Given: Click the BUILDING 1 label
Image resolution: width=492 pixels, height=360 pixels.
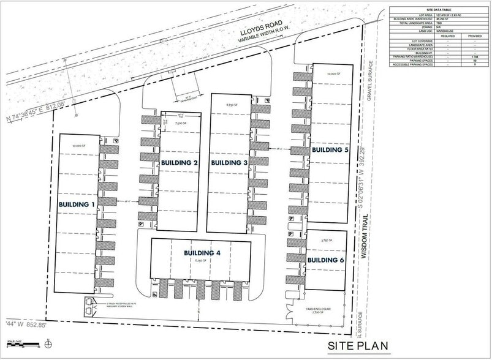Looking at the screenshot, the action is (77, 204).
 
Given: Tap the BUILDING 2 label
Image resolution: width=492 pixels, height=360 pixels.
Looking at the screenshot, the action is (178, 163).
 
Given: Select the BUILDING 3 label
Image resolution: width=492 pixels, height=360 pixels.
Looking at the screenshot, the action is (229, 163).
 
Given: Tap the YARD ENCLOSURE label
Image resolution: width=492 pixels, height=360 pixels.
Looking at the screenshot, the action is (319, 310).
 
